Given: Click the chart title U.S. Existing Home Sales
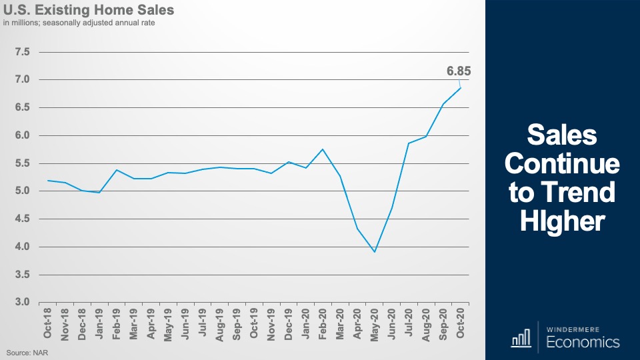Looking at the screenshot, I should pos(89,11).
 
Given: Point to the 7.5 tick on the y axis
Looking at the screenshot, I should pos(24,52).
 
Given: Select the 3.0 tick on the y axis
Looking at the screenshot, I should pos(24,303).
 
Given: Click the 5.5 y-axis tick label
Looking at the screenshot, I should pos(24,163).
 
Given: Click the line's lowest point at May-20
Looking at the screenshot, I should pos(375,252).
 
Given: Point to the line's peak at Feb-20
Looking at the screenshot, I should pos(323,149).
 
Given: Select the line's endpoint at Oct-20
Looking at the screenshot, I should pos(460,88).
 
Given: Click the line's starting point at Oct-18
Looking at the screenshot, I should pos(48,180).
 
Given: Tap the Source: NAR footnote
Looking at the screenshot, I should pos(26,351).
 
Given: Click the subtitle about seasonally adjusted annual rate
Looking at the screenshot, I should pos(83,24).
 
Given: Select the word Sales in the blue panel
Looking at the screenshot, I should pos(562,136).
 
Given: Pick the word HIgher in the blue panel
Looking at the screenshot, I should pos(562,221).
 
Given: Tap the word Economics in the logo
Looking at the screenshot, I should pos(583,343).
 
